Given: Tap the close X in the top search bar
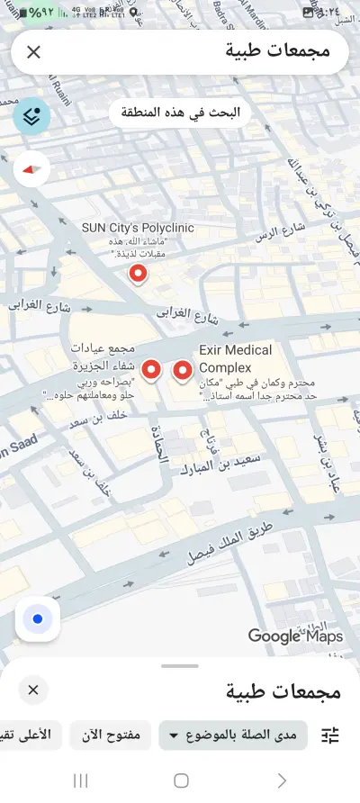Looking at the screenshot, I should [33, 52].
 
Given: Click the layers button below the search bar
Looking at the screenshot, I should [32, 115].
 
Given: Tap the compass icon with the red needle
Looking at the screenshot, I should [32, 168].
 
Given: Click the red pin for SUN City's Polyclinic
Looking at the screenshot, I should [138, 275].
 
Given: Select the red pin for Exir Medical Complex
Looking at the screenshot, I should [184, 370].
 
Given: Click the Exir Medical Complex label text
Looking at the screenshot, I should [235, 358].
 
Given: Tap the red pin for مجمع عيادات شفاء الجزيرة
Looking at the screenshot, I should [152, 369].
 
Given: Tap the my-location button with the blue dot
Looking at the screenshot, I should [38, 619].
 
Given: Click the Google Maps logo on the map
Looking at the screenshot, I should [295, 636].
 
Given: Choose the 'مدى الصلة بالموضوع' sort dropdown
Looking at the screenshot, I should [232, 735].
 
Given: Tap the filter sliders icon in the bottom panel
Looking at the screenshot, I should [330, 735].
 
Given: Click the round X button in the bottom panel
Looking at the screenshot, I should [33, 690].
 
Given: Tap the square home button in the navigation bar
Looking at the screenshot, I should [181, 780].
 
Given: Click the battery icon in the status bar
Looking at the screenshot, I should [13, 14].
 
